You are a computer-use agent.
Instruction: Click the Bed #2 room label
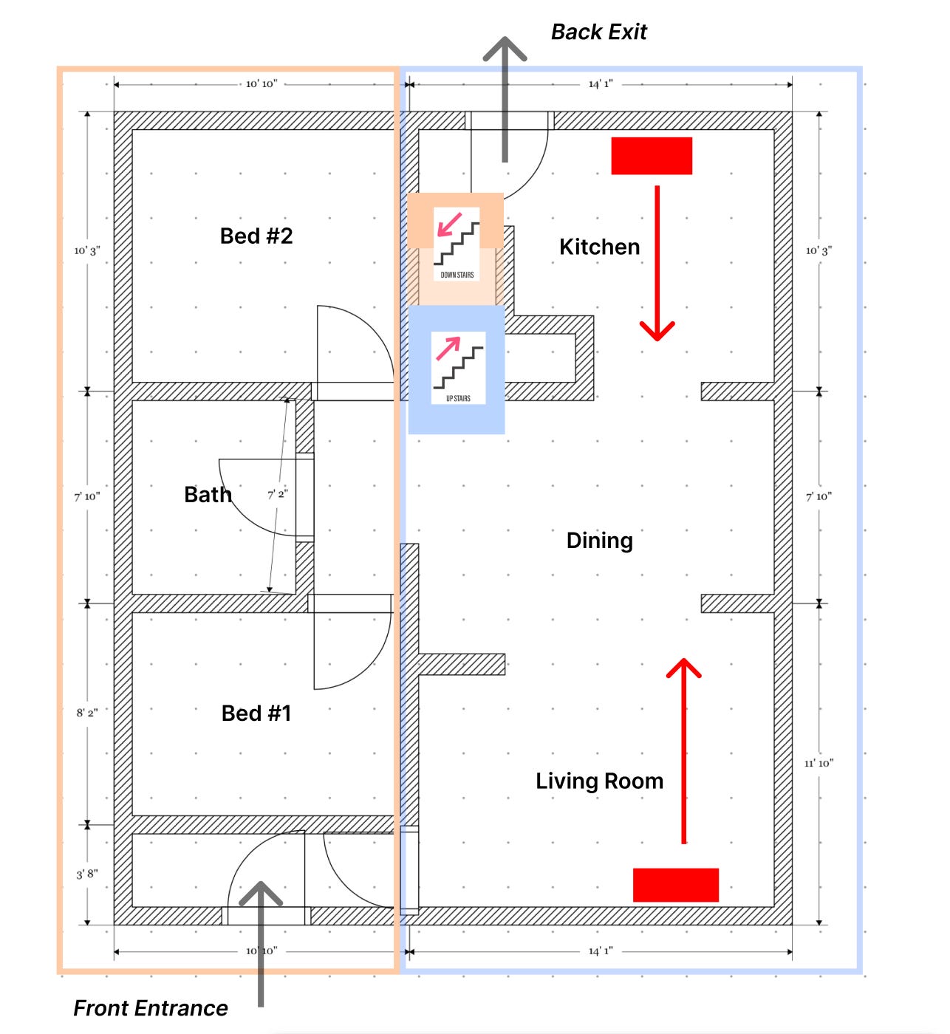tap(256, 236)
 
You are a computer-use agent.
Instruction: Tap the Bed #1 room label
tap(256, 713)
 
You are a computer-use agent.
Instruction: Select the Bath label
tap(208, 495)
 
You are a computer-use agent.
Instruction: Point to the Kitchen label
tap(599, 247)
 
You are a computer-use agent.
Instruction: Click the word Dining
tap(599, 541)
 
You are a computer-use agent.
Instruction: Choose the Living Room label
tap(599, 781)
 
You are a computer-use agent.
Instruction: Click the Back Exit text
tap(598, 32)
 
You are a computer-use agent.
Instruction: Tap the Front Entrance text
tap(151, 1008)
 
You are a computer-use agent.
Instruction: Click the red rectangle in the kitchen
tap(652, 156)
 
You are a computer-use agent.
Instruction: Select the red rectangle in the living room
tap(675, 885)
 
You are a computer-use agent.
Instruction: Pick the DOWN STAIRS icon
tap(457, 244)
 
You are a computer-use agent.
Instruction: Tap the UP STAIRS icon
tap(458, 367)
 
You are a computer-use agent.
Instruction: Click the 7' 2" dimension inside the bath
tap(277, 494)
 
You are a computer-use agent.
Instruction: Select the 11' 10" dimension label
tap(819, 763)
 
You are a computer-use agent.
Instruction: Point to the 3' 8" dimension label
tap(87, 874)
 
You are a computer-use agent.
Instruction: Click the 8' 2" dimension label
tap(87, 713)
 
